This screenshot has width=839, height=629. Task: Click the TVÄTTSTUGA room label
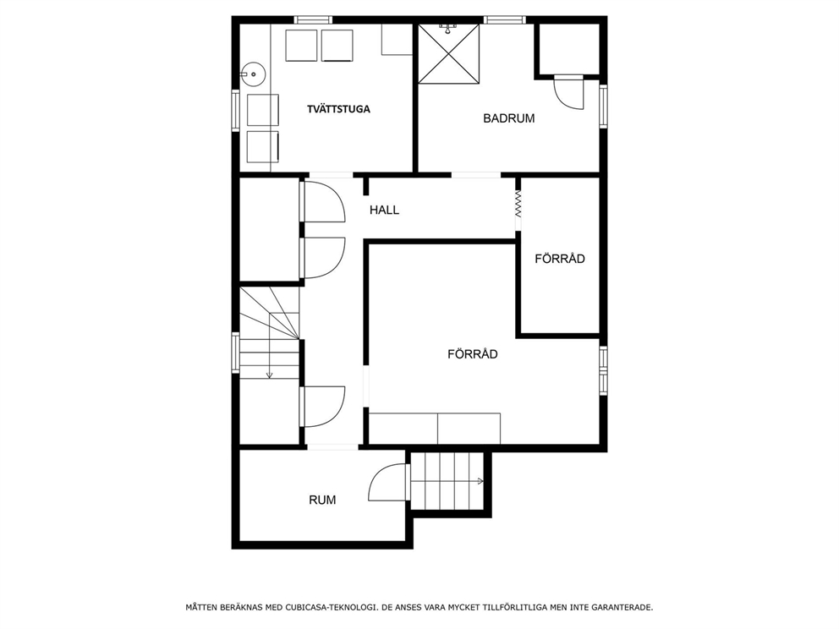tap(338, 109)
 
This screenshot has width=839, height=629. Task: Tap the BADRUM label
tap(509, 118)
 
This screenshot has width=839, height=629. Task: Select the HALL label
tap(384, 211)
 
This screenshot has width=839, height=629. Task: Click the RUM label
tap(322, 500)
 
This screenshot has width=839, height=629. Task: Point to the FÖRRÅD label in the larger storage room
tap(473, 354)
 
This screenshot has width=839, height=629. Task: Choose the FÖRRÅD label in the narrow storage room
tap(560, 259)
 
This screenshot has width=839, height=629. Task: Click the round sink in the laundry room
tap(251, 74)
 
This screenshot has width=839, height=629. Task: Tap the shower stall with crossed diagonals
tap(448, 53)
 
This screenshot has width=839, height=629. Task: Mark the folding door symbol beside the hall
tap(518, 204)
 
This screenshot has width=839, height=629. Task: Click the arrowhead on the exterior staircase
tap(481, 481)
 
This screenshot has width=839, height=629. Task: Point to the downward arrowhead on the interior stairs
tap(269, 375)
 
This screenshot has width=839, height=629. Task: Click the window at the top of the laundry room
tap(313, 19)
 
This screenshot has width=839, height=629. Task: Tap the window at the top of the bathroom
tap(505, 19)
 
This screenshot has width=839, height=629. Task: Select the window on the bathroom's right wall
tap(603, 107)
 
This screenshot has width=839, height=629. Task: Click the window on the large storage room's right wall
tap(603, 370)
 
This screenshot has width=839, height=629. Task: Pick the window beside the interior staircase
tap(235, 353)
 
